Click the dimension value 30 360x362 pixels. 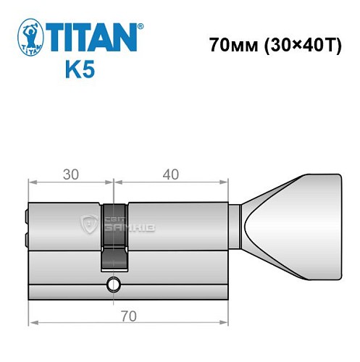pyautogui.click(x=70, y=174)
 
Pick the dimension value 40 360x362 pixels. pyautogui.click(x=171, y=174)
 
